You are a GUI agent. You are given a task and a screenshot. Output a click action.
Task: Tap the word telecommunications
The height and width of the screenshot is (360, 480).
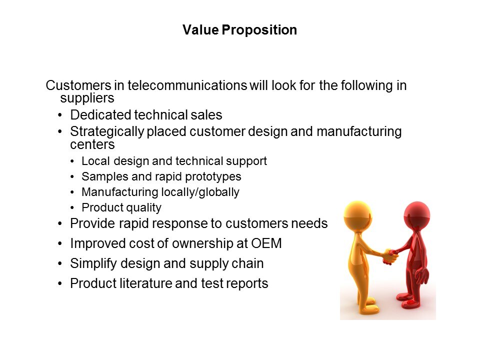187,85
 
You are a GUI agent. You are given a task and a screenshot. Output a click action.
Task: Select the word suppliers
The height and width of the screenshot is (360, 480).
87,98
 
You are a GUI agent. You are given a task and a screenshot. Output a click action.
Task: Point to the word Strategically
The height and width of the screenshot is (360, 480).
107,132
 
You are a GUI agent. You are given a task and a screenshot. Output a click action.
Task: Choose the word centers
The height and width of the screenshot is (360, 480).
92,144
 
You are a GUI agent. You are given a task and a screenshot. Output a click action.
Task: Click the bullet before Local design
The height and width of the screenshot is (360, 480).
72,161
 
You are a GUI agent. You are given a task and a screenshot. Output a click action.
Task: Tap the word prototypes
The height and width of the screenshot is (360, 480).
213,177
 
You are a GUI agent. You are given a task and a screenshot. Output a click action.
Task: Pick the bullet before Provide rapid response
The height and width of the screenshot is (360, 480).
60,224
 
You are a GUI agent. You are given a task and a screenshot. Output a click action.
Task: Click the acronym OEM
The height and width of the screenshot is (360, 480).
266,243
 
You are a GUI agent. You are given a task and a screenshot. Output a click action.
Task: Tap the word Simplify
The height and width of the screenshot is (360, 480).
93,263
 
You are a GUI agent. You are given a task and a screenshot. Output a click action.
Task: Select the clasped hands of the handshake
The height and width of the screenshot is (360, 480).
390,256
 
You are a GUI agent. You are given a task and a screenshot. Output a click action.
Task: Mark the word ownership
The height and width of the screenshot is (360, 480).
202,244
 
